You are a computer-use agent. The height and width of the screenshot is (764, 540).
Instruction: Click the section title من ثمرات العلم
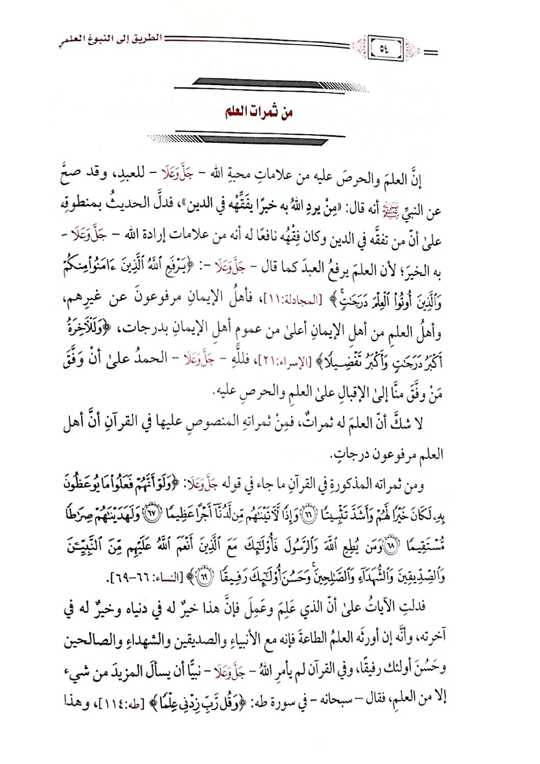tap(259, 112)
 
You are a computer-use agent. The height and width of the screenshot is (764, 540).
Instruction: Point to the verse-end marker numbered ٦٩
tap(204, 577)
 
